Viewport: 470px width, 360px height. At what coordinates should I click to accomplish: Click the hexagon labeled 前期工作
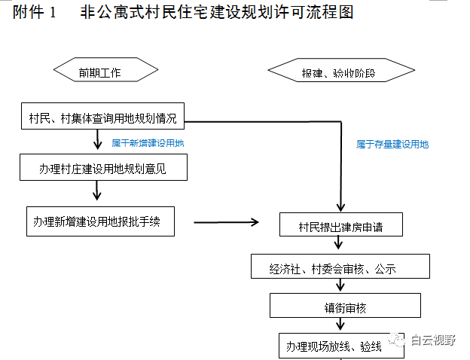[x=105, y=71]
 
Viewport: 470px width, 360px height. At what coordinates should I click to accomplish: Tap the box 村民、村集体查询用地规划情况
[x=102, y=118]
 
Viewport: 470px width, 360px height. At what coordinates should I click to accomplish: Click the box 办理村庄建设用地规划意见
[x=102, y=169]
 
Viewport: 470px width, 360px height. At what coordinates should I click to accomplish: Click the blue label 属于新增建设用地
[x=148, y=142]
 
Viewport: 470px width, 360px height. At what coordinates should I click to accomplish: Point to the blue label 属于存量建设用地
[x=392, y=143]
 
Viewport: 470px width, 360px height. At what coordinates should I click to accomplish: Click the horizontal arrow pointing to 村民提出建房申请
[x=226, y=222]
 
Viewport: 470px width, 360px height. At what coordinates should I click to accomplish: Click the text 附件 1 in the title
[x=35, y=14]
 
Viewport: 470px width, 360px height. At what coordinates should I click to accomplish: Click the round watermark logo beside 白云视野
[x=396, y=340]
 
